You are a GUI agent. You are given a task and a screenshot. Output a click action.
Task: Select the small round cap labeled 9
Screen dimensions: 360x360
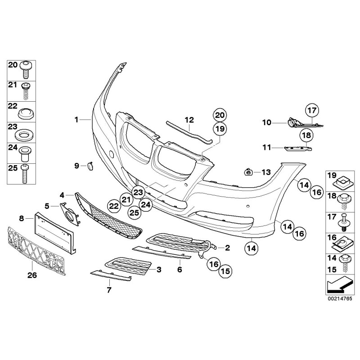89,166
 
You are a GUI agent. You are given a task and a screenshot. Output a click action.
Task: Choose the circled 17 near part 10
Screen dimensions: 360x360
312,109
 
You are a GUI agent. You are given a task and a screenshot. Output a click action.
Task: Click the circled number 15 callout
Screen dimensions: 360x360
225,271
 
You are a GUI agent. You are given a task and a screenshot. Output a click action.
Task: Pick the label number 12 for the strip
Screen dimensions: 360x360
189,120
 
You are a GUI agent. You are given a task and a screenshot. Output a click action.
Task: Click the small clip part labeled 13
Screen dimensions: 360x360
247,171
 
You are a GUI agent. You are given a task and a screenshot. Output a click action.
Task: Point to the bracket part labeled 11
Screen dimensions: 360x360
297,148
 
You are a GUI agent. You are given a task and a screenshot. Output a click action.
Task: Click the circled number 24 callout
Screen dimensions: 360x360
146,204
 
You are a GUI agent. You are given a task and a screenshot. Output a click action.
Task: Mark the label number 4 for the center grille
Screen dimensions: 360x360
62,195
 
